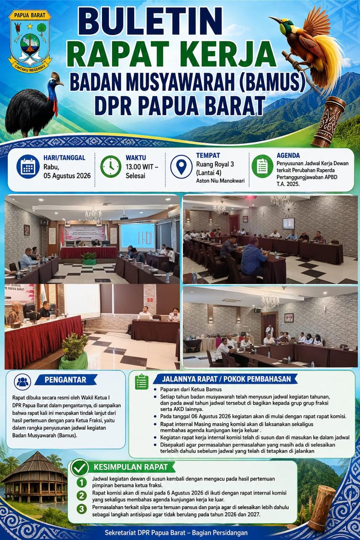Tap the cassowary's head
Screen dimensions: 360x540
[x=56, y=80]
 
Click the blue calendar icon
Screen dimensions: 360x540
[x=28, y=166]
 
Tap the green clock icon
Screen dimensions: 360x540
[x=111, y=166]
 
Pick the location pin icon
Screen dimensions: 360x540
[x=181, y=166]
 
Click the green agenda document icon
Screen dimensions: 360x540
[x=263, y=166]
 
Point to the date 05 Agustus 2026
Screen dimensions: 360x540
[x=67, y=175]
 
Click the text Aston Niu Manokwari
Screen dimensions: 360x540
[x=220, y=181]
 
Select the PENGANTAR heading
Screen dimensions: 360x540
[x=65, y=380]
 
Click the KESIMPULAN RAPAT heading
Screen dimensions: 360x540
[x=130, y=467]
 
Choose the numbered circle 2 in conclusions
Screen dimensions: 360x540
[x=81, y=495]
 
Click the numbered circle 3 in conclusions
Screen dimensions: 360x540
[x=81, y=509]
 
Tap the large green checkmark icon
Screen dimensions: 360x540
[x=80, y=468]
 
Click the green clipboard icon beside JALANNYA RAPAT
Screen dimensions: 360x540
[x=141, y=382]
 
